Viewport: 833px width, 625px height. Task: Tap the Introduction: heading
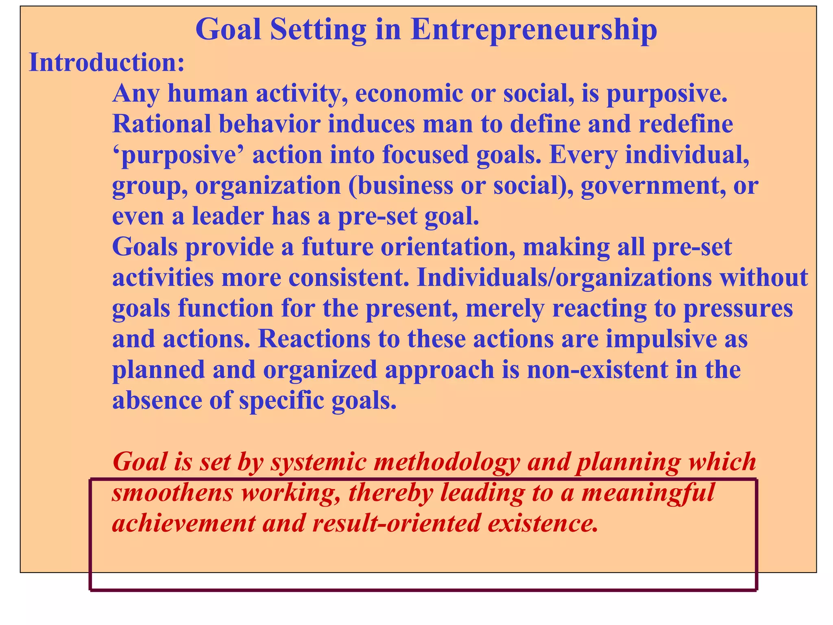[x=107, y=63]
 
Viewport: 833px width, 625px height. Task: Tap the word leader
[x=228, y=216]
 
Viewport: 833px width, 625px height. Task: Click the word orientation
[x=445, y=247]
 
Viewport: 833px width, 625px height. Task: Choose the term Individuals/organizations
[x=564, y=278]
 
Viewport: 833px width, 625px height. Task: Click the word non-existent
[x=597, y=370]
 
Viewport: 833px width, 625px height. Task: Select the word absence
[x=157, y=400]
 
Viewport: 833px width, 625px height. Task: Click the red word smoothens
[x=172, y=493]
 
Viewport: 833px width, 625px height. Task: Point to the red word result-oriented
[x=397, y=524]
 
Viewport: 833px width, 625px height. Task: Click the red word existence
[x=543, y=524]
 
